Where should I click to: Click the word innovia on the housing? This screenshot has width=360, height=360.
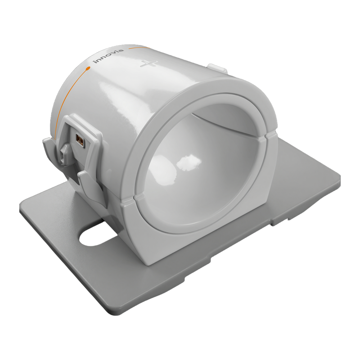click(108, 56)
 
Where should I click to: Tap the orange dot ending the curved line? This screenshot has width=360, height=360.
click(88, 68)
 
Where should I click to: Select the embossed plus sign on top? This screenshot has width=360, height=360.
click(149, 63)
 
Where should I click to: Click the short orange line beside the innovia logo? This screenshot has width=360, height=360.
click(139, 48)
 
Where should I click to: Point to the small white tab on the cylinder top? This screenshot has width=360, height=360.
click(217, 68)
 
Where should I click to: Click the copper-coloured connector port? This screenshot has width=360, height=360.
click(80, 140)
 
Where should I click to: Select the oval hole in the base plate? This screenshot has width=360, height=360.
click(98, 237)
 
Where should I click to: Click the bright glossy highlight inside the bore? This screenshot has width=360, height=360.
click(189, 162)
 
